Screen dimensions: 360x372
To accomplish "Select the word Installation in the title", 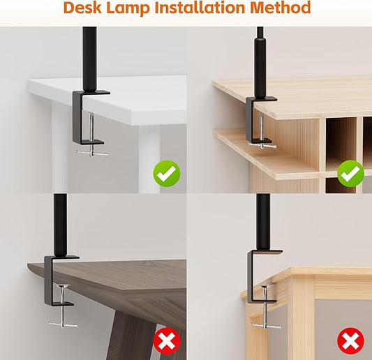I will pos(206,8).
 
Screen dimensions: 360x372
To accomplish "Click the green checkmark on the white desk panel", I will pos(167,173).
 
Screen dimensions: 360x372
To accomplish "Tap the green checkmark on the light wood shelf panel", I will pos(350,173).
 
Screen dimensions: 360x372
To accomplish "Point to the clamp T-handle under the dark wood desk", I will pos(62,323).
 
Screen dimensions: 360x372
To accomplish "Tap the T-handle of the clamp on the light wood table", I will pos(266,325).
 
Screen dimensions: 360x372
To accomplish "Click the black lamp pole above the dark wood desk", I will pos(61,223).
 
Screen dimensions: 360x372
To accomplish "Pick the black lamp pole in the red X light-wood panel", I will pos(263,220).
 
